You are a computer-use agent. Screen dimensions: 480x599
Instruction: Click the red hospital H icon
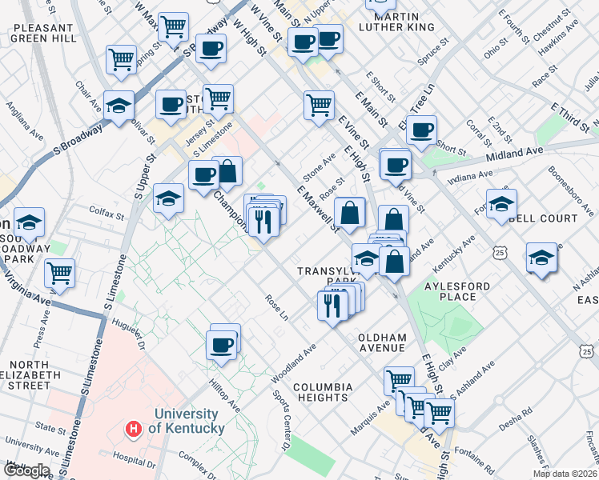(x=134, y=430)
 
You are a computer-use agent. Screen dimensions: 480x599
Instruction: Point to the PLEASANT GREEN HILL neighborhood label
(x=44, y=33)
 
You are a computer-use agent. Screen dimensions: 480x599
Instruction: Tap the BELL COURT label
(x=543, y=218)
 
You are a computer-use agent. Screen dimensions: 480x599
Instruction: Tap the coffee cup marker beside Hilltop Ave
(x=222, y=345)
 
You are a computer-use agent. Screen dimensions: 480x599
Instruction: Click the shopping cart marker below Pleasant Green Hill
(x=121, y=58)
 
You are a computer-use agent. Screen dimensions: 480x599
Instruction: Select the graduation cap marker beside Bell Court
(x=501, y=204)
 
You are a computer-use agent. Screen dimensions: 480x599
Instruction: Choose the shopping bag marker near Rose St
(x=350, y=213)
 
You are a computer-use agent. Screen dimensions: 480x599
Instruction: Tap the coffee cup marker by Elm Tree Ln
(x=421, y=130)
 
